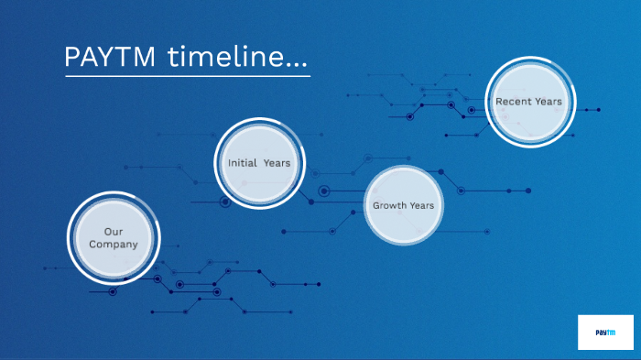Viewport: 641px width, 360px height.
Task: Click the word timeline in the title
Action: (226, 56)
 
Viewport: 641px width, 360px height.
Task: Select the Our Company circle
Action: (114, 238)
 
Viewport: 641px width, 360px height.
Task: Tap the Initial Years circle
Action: (259, 163)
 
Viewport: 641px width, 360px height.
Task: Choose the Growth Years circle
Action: (403, 205)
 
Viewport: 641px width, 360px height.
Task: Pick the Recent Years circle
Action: (528, 102)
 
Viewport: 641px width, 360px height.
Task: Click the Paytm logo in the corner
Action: (605, 333)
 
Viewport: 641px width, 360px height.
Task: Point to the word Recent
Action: (514, 102)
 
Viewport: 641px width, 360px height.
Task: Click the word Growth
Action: (388, 205)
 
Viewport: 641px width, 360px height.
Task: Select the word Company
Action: (114, 245)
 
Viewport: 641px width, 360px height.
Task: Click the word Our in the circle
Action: (114, 232)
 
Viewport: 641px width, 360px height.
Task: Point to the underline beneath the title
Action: (187, 76)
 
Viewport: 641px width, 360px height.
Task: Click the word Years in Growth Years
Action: (421, 205)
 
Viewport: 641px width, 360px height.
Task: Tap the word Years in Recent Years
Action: (549, 102)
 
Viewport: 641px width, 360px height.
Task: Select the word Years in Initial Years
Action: (277, 163)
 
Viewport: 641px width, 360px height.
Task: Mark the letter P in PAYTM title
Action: (71, 56)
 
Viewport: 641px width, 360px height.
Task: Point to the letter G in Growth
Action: (375, 205)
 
